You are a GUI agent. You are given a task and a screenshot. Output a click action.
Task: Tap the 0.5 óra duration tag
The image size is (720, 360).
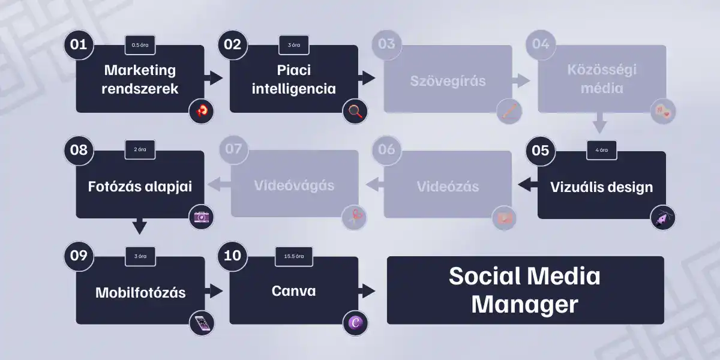pos(140,45)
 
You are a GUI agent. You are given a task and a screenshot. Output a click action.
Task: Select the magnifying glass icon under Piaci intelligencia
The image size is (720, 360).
pos(355,111)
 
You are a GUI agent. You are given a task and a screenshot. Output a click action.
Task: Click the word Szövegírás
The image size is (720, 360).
pos(448,80)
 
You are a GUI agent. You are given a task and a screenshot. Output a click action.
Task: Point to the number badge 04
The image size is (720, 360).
pos(540,44)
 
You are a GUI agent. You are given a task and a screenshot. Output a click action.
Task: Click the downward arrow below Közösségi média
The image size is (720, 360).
pos(599,125)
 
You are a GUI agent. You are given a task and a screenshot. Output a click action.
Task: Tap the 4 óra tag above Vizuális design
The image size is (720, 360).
pos(601,150)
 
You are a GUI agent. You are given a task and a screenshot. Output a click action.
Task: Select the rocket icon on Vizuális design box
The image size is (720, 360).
pos(663,217)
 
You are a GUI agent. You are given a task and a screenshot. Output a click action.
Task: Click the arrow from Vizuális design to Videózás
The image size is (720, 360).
pos(527,185)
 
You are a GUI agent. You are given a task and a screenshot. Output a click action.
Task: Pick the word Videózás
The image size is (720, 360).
pos(448,186)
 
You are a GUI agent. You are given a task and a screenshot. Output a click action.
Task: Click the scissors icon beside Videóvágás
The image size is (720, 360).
pos(354,217)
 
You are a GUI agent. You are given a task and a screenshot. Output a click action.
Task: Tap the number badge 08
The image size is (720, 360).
pos(79,150)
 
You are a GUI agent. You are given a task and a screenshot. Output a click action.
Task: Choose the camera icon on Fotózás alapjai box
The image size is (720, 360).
pos(201,217)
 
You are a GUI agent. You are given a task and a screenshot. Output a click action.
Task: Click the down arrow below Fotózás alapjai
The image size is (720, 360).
pos(139,226)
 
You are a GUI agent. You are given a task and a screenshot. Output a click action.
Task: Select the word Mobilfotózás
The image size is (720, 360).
pos(140,293)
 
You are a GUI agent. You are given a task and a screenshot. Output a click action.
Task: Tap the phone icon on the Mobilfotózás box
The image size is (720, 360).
pos(201,323)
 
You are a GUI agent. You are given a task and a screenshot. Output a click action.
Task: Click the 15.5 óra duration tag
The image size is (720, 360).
pos(294,256)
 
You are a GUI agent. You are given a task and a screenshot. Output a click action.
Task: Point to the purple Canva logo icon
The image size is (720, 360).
pos(355,323)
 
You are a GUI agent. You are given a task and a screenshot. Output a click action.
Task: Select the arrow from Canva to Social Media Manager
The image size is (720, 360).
pos(367,292)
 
